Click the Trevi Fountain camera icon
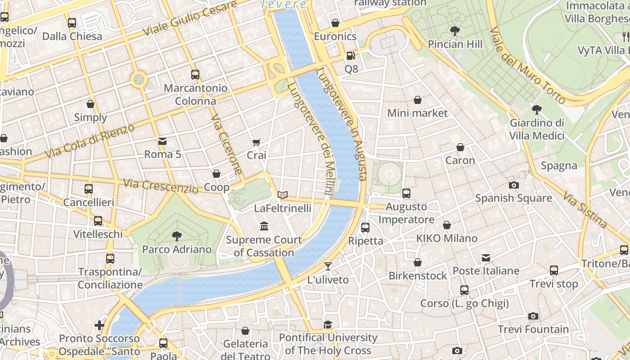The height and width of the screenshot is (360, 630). pyautogui.click(x=533, y=316)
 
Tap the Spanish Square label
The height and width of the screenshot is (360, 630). pyautogui.click(x=513, y=198)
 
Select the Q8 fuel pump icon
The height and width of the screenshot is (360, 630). pyautogui.click(x=351, y=56)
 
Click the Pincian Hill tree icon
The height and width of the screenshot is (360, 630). pyautogui.click(x=455, y=31)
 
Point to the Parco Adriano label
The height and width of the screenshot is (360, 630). pyautogui.click(x=177, y=249)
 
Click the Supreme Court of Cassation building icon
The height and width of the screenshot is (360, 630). pyautogui.click(x=264, y=226)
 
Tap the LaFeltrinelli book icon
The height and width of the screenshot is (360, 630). pyautogui.click(x=283, y=195)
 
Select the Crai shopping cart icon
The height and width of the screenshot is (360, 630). pyautogui.click(x=256, y=142)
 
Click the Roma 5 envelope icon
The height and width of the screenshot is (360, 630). pyautogui.click(x=162, y=141)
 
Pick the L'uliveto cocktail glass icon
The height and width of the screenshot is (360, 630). pyautogui.click(x=328, y=266)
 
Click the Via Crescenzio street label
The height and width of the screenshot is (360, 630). pyautogui.click(x=161, y=185)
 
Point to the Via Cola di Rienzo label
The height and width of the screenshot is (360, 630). pyautogui.click(x=90, y=141)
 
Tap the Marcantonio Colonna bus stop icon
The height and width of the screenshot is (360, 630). pyautogui.click(x=195, y=75)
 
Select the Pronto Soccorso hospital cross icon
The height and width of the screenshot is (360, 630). pyautogui.click(x=99, y=325)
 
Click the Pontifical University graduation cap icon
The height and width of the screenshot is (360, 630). pyautogui.click(x=328, y=324)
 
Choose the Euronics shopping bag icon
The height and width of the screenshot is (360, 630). pyautogui.click(x=335, y=23)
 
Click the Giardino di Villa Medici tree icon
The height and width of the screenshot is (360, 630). pyautogui.click(x=536, y=109)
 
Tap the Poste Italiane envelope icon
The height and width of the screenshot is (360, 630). pyautogui.click(x=486, y=258)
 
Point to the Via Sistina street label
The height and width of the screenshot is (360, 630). pyautogui.click(x=585, y=210)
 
